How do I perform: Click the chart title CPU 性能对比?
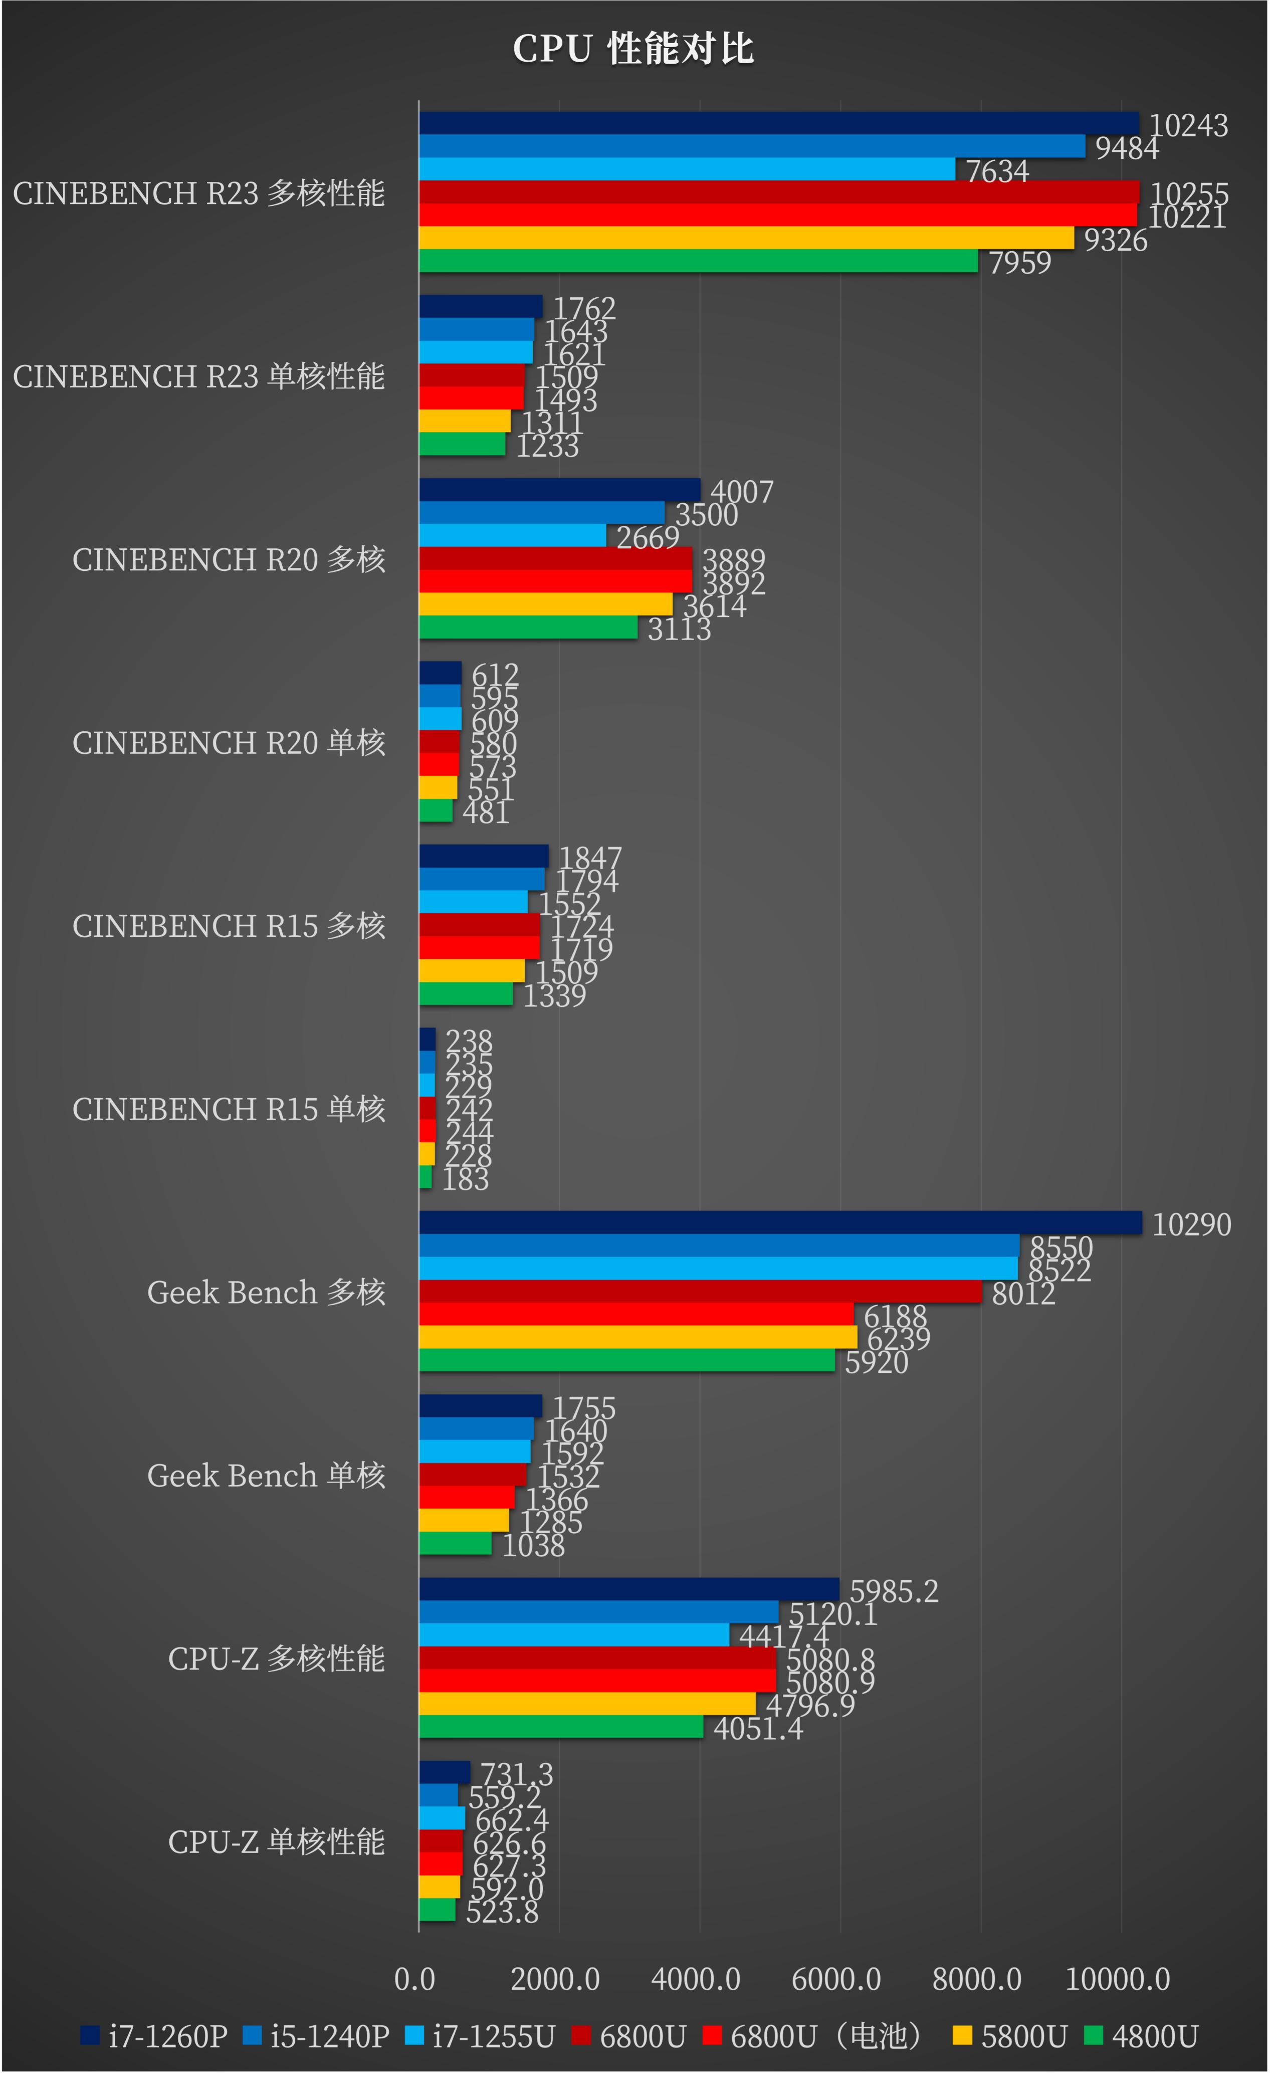click(x=633, y=49)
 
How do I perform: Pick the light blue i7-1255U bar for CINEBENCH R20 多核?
click(x=512, y=535)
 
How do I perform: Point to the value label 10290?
click(x=1191, y=1224)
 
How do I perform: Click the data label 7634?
click(x=997, y=171)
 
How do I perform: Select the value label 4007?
click(x=742, y=491)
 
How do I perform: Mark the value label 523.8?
click(x=502, y=1912)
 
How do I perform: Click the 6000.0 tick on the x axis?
click(x=836, y=1979)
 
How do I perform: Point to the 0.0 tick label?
click(x=414, y=1979)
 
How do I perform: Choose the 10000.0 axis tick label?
click(x=1117, y=1979)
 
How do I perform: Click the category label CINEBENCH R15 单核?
click(x=229, y=1109)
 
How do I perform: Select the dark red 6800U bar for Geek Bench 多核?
click(x=700, y=1291)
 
